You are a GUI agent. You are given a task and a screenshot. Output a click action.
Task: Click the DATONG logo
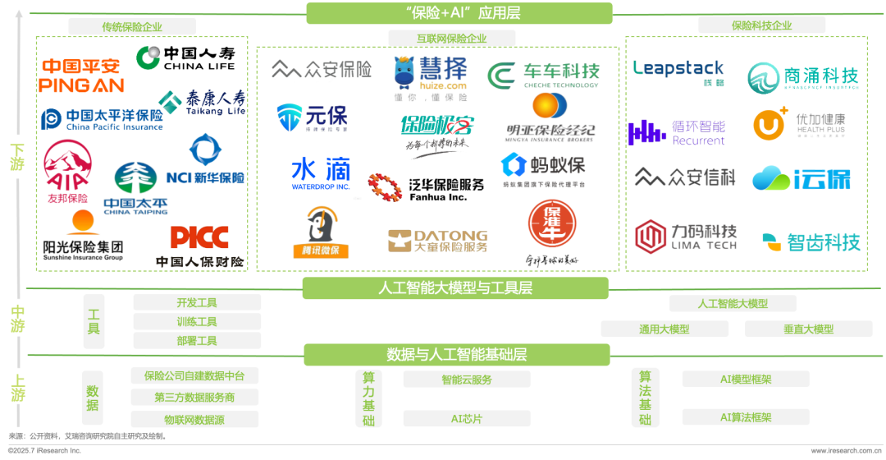(437, 240)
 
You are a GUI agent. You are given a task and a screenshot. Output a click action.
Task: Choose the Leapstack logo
(678, 71)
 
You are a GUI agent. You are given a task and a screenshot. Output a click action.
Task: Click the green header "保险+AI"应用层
(459, 13)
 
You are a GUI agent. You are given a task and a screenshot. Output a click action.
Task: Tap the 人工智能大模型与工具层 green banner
(455, 288)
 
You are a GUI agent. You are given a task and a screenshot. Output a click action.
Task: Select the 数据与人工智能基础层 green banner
(456, 355)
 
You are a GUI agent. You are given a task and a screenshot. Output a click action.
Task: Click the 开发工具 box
(197, 302)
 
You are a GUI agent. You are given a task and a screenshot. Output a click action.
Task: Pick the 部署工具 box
(197, 340)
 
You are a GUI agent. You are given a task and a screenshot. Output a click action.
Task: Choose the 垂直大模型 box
(808, 329)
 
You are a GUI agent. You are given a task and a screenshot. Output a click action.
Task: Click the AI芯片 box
(466, 419)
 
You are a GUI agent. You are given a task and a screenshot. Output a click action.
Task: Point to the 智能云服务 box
(466, 379)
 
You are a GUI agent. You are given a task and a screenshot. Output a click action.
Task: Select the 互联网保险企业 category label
(451, 38)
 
